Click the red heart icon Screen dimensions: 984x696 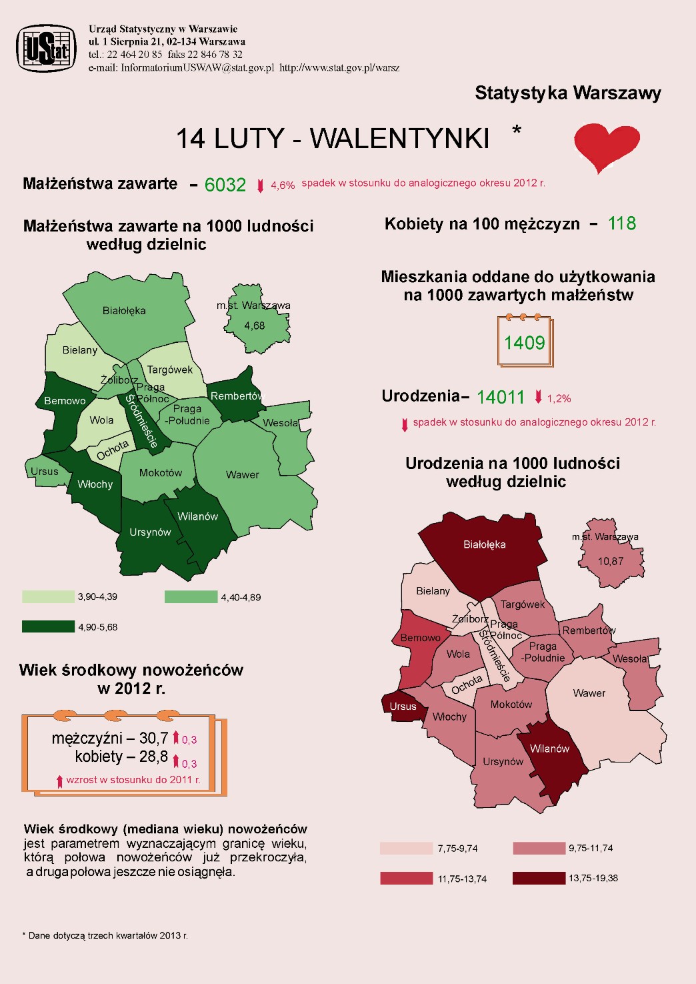[607, 146]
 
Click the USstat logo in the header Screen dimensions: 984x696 [46, 48]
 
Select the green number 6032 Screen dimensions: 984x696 [225, 185]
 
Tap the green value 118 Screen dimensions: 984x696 [621, 223]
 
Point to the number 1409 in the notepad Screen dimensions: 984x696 [524, 343]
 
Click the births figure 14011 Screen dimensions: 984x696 [501, 398]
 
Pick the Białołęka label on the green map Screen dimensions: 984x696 [124, 311]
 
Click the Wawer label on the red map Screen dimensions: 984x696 [589, 693]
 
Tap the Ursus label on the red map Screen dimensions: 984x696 [403, 706]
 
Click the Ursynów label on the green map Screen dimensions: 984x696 [150, 532]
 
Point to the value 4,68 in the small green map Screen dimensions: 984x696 [254, 326]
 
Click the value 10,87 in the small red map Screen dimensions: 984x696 [610, 562]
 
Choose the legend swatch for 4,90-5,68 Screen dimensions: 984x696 [48, 626]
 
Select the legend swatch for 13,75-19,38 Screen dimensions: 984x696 [539, 878]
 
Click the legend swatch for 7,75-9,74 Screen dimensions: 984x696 [406, 849]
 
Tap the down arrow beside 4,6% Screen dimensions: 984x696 [261, 186]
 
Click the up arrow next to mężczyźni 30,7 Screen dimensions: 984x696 [176, 738]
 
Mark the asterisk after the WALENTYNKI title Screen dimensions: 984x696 [517, 131]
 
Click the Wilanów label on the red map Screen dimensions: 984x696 [549, 749]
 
